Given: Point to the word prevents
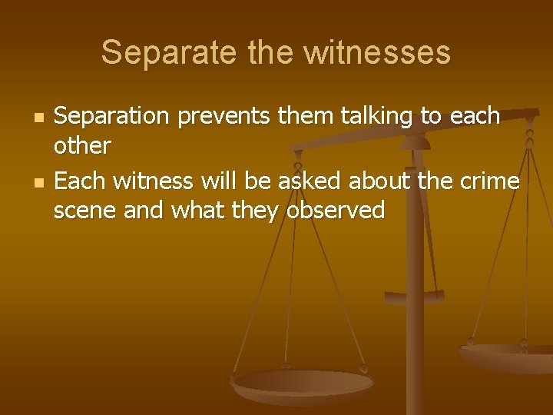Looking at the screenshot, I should [224, 117].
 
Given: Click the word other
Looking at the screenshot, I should [82, 144].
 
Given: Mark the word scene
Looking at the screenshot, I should [84, 210].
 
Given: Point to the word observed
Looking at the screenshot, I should [335, 210].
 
